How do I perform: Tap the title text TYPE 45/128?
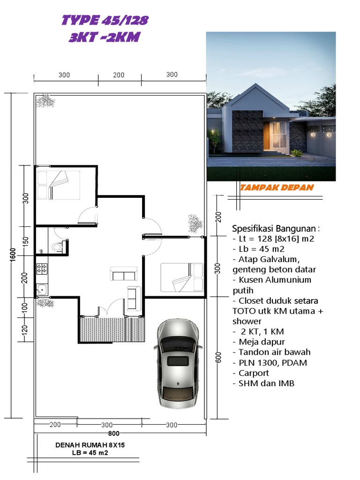coord(105,20)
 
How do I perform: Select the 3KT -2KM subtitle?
coord(104,37)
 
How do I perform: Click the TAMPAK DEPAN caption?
coord(277,187)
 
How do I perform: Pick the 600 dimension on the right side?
coord(217,357)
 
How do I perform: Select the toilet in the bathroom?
coord(57,247)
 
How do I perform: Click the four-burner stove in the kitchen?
coord(42,269)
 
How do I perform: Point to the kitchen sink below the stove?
coord(42,289)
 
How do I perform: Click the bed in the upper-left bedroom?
coord(58,185)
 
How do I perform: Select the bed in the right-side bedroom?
coord(182,277)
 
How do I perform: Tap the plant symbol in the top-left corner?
coord(45,100)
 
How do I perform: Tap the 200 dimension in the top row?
coord(119,75)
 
